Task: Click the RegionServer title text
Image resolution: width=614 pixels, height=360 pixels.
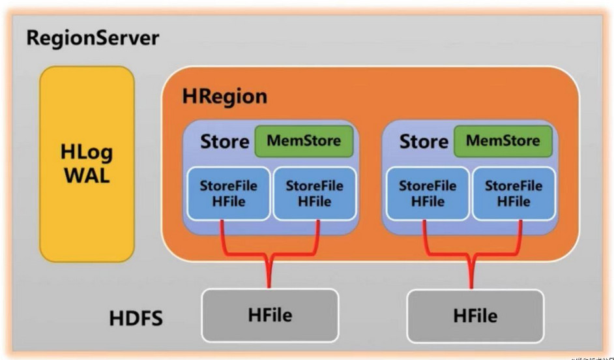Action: pos(93,38)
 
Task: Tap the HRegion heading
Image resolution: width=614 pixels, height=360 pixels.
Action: pos(225,97)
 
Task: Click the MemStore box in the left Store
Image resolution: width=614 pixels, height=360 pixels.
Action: pos(303,141)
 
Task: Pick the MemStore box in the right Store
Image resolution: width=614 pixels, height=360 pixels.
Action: pos(503,141)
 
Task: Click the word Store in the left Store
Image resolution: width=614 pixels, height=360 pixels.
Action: pos(224,142)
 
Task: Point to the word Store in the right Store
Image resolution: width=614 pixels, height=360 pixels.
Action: pos(424,142)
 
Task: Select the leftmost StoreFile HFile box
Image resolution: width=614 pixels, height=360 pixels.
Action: pos(229,194)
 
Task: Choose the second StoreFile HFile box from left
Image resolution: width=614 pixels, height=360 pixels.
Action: pos(314,194)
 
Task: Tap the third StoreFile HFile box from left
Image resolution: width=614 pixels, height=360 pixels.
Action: pos(428,194)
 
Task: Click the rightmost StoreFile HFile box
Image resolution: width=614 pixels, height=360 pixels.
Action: pos(513,194)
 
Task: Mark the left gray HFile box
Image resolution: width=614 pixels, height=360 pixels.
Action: pos(270,316)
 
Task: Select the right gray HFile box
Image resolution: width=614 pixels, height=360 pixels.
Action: pos(475,316)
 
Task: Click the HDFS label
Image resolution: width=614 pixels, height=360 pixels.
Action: pos(136,320)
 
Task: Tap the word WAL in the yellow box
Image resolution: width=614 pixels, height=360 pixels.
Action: pos(87,175)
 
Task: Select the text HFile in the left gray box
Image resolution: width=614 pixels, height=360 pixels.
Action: pos(270,316)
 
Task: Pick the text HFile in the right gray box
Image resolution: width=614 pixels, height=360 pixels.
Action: pos(475,316)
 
